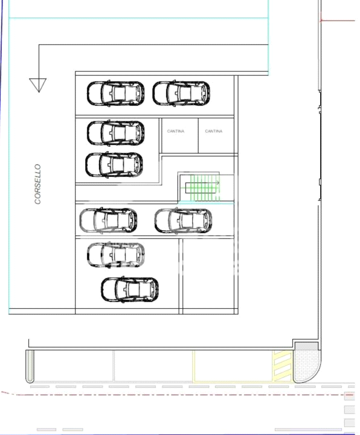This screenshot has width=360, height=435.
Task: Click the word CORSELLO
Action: (x=37, y=184)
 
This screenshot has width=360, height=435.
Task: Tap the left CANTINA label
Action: (x=176, y=131)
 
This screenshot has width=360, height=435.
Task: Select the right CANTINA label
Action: (x=214, y=131)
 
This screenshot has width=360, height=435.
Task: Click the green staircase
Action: (x=205, y=187)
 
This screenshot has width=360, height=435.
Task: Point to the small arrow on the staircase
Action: (x=218, y=182)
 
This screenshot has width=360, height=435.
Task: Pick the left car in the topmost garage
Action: (x=115, y=93)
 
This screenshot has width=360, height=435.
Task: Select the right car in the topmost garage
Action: (x=181, y=93)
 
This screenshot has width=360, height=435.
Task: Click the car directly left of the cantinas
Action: (x=115, y=133)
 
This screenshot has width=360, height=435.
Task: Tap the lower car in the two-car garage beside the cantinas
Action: (x=114, y=165)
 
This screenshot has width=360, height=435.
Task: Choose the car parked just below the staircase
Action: (x=184, y=221)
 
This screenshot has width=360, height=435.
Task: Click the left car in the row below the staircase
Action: (x=109, y=221)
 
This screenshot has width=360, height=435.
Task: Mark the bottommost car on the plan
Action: (x=130, y=289)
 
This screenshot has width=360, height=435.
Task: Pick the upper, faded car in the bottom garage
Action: (x=116, y=255)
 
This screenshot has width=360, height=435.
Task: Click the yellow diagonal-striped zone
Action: (x=283, y=366)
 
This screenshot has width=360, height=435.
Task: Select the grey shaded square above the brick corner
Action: (x=306, y=346)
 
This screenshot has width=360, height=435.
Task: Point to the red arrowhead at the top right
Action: (x=321, y=21)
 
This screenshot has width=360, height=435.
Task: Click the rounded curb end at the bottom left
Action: (x=30, y=366)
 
